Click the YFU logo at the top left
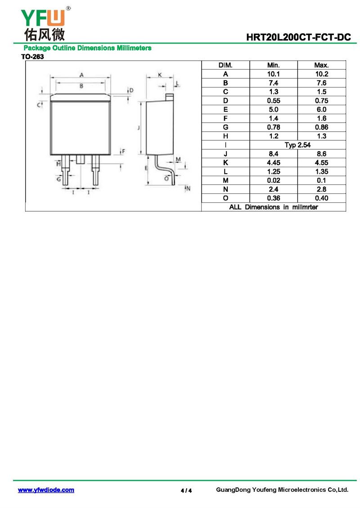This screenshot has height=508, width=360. click(x=45, y=24)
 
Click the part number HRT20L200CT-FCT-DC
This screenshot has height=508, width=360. click(x=298, y=37)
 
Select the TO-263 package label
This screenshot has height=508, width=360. click(x=32, y=57)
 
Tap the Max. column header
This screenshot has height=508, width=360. click(x=321, y=65)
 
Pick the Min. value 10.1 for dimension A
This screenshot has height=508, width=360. click(x=274, y=74)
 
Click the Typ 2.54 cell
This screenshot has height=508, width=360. click(x=297, y=145)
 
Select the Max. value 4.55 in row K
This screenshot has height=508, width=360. click(x=321, y=163)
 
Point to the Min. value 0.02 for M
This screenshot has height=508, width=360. click(x=274, y=180)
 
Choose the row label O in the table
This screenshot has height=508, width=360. click(x=225, y=198)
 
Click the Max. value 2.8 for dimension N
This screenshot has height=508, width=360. click(x=321, y=189)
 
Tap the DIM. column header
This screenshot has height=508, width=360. click(x=225, y=65)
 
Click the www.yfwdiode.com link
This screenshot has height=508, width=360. click(x=46, y=490)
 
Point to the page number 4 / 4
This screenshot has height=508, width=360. click(x=186, y=490)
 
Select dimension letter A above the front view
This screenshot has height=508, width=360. click(x=81, y=75)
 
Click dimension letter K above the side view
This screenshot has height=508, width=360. click(x=160, y=75)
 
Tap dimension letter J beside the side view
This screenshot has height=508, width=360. click(x=139, y=128)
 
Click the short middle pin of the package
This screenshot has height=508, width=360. click(x=81, y=159)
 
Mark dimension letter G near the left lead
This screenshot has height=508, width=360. click(x=58, y=179)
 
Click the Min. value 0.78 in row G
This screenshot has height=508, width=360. click(x=274, y=127)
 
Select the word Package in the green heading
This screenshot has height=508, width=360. click(x=37, y=48)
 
